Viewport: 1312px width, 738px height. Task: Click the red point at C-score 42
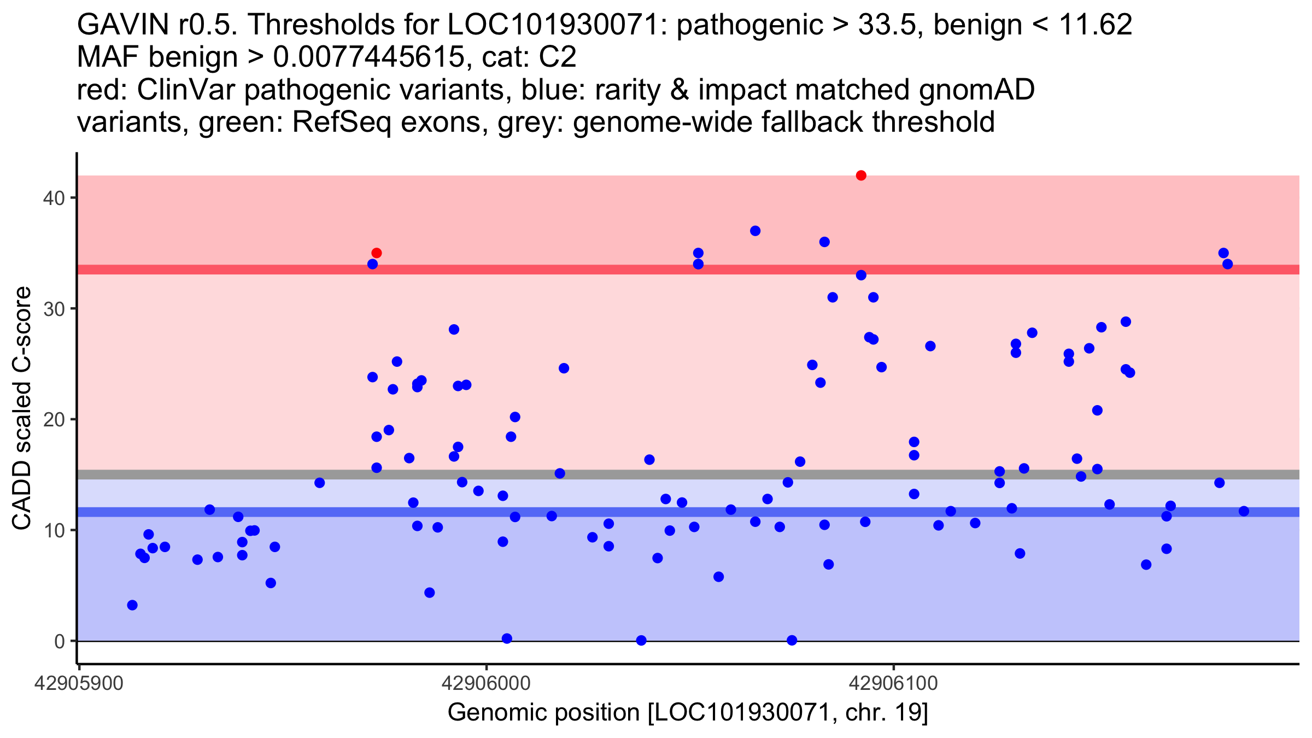click(861, 175)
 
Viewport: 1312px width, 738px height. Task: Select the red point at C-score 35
click(377, 253)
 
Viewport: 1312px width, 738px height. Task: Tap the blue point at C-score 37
click(755, 231)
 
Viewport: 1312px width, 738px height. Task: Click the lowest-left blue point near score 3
click(132, 605)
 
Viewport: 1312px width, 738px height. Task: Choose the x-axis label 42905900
click(79, 683)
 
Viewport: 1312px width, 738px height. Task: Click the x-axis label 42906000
click(486, 683)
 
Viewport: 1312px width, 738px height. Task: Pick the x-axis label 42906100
click(893, 683)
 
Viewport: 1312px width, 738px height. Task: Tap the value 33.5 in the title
click(887, 25)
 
